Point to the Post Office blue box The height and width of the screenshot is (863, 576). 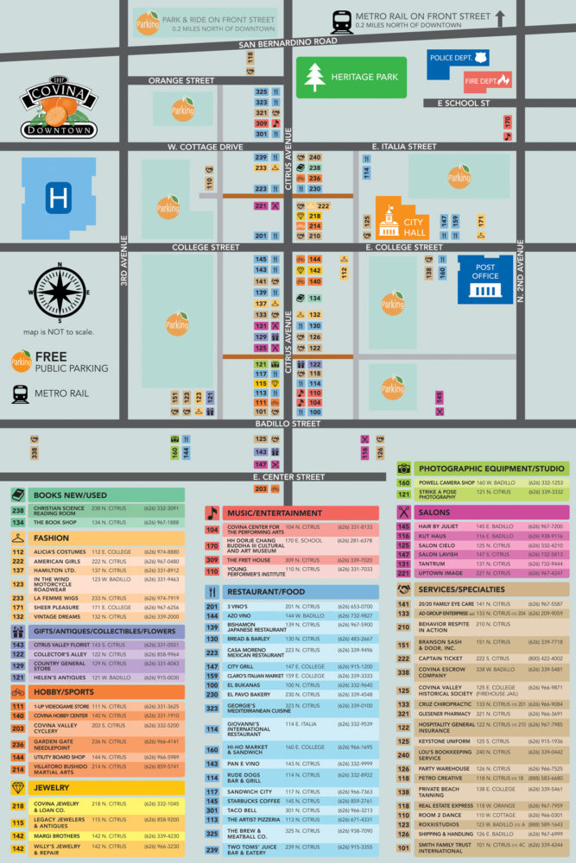tap(485, 278)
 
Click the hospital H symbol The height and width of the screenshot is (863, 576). tap(59, 199)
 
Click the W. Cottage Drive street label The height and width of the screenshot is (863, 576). tap(206, 147)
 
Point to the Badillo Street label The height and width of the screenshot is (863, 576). tap(288, 424)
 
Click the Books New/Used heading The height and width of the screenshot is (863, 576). tap(69, 494)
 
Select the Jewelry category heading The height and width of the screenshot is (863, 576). tap(51, 788)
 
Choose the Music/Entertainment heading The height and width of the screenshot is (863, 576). tap(275, 513)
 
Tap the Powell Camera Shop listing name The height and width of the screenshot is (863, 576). tap(446, 482)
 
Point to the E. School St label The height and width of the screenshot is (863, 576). tap(464, 103)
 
